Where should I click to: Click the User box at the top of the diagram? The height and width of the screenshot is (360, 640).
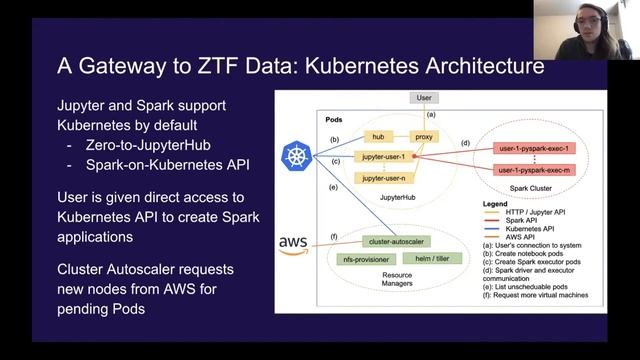(422, 99)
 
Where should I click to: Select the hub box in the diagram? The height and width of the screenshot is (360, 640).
(378, 136)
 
